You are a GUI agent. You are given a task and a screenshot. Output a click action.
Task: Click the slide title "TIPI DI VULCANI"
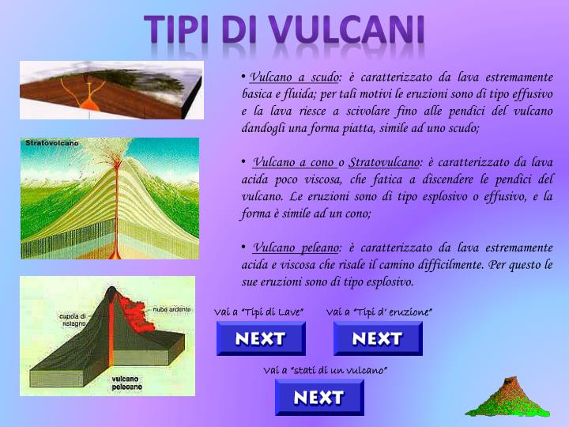pyautogui.click(x=285, y=30)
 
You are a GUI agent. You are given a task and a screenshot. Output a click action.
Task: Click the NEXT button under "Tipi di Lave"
pyautogui.click(x=261, y=338)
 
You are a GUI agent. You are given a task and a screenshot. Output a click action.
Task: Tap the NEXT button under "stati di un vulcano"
pyautogui.click(x=319, y=397)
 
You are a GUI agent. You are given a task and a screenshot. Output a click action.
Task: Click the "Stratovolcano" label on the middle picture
pyautogui.click(x=52, y=143)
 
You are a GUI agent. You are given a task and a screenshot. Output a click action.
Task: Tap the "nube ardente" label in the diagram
pyautogui.click(x=171, y=309)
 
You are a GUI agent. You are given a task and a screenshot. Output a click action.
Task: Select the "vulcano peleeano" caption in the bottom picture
pyautogui.click(x=126, y=383)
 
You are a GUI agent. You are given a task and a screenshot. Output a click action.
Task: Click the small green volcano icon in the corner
pyautogui.click(x=507, y=399)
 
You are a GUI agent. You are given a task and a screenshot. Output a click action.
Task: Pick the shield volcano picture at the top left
pyautogui.click(x=111, y=89)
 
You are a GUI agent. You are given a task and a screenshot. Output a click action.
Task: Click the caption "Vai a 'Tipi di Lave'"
pyautogui.click(x=259, y=312)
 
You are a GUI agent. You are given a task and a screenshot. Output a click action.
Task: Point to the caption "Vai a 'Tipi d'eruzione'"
pyautogui.click(x=379, y=312)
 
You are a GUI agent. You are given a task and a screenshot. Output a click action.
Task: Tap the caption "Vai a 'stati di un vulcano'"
pyautogui.click(x=325, y=370)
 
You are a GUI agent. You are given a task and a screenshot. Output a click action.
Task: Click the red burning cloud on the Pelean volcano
pyautogui.click(x=138, y=312)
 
